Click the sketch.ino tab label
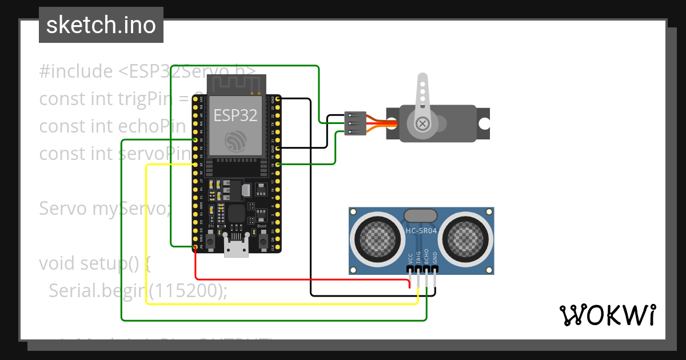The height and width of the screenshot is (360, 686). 101,25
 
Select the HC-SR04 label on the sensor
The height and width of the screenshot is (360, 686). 421,230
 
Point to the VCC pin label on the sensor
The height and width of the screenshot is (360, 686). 410,258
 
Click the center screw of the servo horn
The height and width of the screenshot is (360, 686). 422,123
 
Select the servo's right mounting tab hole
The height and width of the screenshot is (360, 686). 484,123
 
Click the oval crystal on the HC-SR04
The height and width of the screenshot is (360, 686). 421,215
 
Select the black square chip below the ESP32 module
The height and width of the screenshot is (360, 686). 236,214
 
